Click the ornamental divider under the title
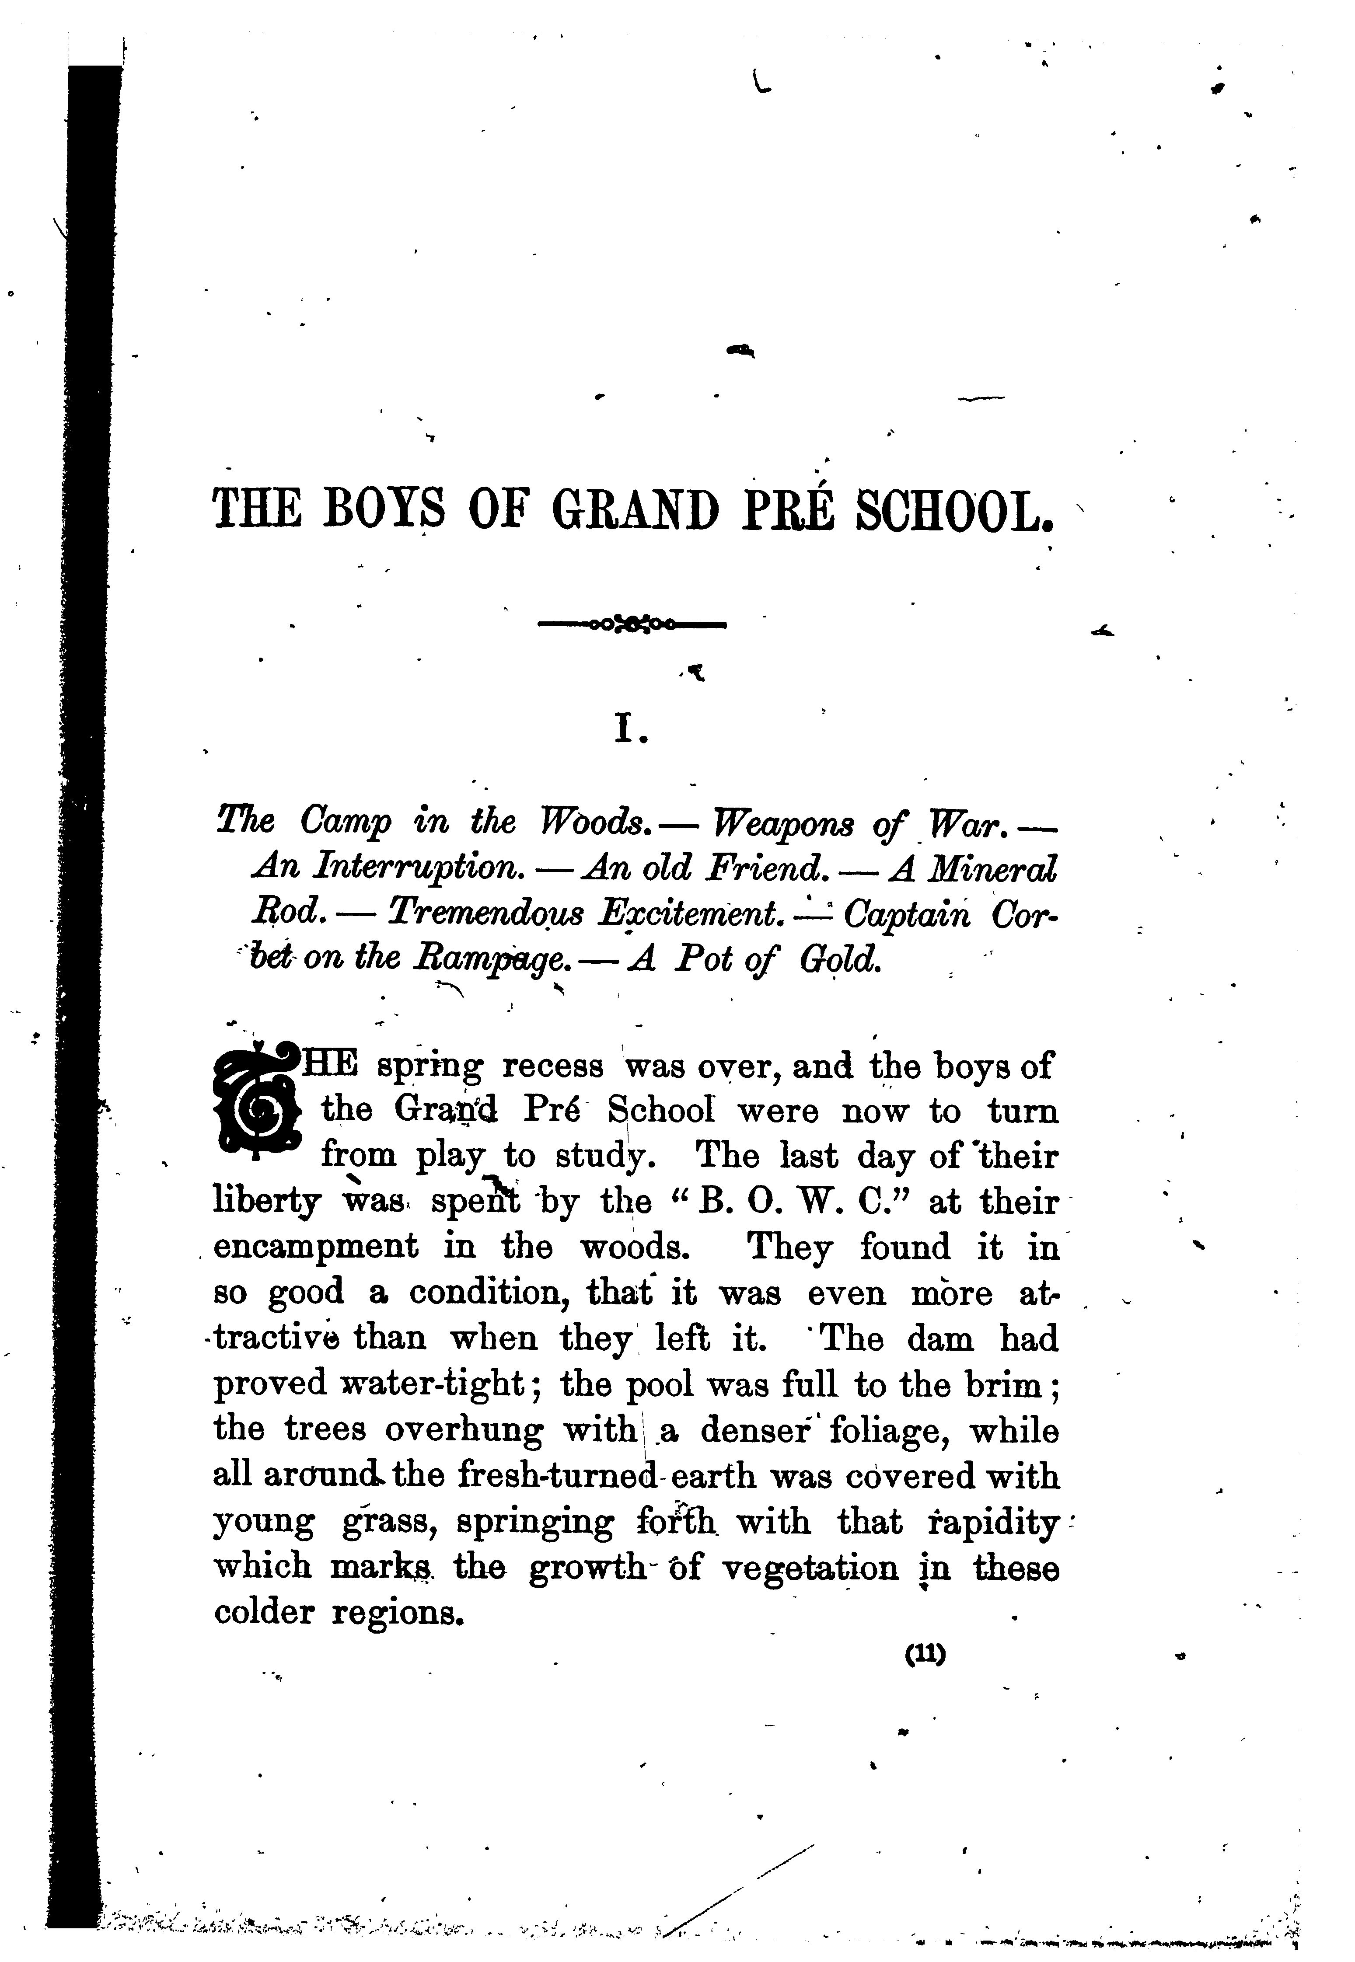pos(632,625)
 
